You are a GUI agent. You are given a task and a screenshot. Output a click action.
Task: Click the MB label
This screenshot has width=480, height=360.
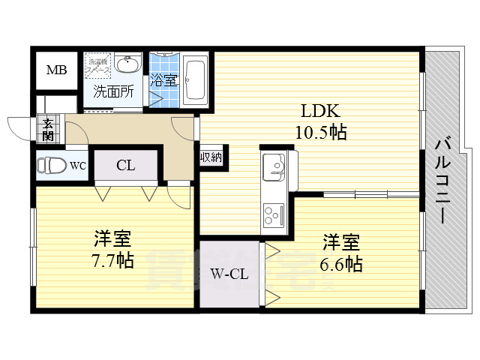click(57, 71)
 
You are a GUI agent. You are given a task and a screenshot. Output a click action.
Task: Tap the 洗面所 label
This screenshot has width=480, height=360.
click(113, 91)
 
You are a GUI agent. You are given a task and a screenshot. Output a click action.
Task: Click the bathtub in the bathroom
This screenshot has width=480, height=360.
click(195, 79)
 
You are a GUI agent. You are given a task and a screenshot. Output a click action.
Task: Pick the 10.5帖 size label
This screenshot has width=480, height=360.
click(321, 133)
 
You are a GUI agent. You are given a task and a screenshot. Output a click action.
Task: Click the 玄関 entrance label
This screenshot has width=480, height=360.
click(48, 130)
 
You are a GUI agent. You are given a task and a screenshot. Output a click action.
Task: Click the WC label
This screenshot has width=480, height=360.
click(79, 166)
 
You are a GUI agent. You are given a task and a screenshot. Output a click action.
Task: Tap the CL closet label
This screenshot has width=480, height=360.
click(125, 166)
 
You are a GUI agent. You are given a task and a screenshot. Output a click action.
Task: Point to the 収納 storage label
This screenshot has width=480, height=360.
click(211, 157)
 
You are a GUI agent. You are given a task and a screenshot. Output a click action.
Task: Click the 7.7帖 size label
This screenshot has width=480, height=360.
click(113, 262)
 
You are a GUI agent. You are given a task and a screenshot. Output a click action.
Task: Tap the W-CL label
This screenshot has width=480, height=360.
click(228, 274)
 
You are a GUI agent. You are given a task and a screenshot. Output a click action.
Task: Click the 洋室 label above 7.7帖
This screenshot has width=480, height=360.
click(112, 240)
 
